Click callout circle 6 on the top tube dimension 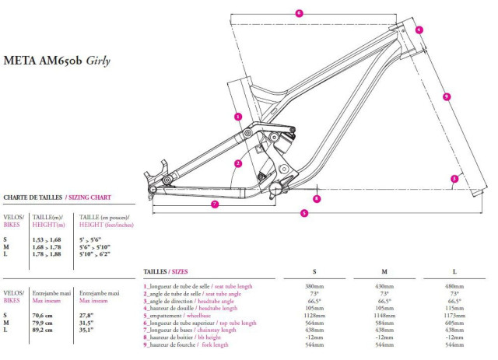point(299,12)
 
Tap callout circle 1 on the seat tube point(237,116)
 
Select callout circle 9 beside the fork point(446,96)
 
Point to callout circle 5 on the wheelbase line point(303,212)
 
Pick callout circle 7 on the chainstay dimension point(213,204)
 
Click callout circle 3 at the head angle point(454,179)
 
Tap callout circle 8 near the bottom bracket point(317,198)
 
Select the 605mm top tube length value point(454,323)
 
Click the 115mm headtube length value point(454,308)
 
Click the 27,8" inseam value point(86,315)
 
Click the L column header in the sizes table point(454,272)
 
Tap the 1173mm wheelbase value point(454,316)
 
